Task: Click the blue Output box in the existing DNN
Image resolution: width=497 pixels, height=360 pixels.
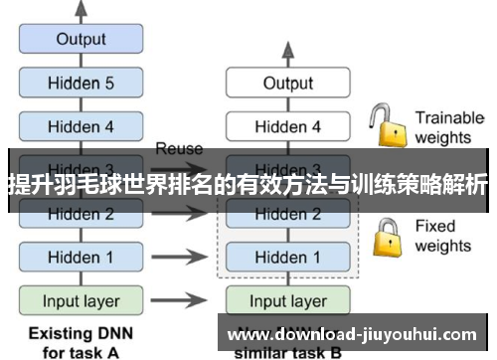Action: tap(81, 40)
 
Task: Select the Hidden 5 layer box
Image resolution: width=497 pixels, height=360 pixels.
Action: tap(81, 84)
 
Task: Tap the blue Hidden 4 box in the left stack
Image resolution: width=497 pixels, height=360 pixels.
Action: tap(81, 126)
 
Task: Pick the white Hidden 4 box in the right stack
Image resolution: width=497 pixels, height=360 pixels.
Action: tap(288, 126)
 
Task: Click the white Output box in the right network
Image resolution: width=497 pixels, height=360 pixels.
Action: tap(288, 84)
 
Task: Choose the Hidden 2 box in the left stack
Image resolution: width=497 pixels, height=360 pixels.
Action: tap(81, 213)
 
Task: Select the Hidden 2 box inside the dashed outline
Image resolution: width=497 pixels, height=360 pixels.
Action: tap(288, 213)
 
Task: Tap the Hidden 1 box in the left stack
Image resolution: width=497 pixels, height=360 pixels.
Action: tap(81, 257)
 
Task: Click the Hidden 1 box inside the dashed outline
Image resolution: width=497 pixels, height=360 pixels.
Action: tap(288, 257)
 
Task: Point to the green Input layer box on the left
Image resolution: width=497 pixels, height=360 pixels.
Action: tap(81, 299)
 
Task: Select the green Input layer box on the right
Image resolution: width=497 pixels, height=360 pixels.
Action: tap(288, 299)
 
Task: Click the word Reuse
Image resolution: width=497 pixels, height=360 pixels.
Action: tap(179, 149)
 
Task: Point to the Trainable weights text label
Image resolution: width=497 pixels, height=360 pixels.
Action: tap(448, 126)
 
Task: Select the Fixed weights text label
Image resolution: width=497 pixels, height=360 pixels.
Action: tap(442, 235)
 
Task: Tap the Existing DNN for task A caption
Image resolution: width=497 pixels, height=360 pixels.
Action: tap(81, 340)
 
